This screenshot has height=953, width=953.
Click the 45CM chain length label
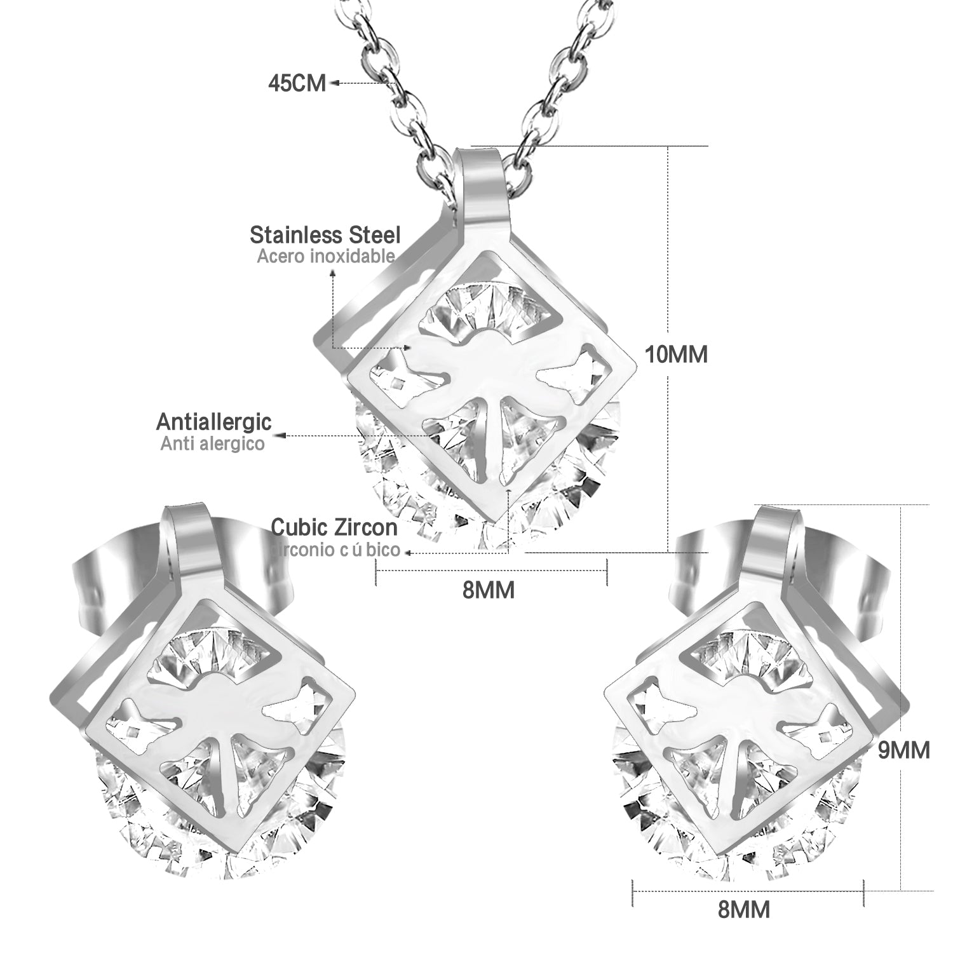tap(297, 83)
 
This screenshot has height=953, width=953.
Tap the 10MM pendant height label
tap(676, 355)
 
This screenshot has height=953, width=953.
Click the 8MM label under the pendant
tap(488, 590)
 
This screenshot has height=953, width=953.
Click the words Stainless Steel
tap(325, 235)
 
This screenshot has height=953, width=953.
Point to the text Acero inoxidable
tap(326, 257)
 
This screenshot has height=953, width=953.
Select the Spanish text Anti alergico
tap(212, 443)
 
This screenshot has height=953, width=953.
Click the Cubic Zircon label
tap(334, 527)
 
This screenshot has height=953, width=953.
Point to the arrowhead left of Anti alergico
tap(281, 436)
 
